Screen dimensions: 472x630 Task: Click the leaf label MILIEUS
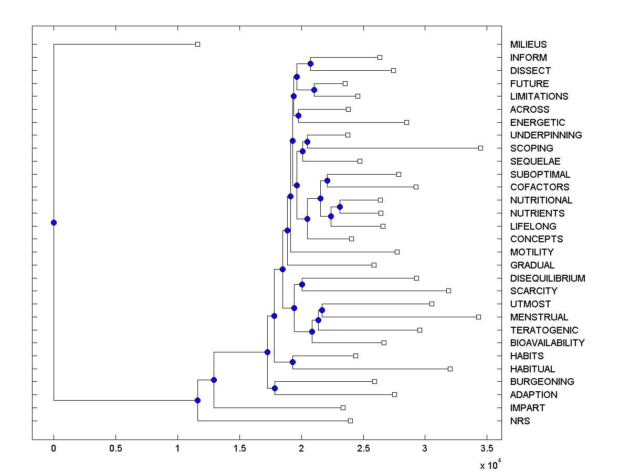tap(528, 45)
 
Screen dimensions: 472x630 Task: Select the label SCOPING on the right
tap(531, 148)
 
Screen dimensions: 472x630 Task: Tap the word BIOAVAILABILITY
tap(547, 343)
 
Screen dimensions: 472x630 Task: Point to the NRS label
tap(520, 421)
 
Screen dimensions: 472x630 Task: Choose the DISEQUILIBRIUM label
tap(548, 278)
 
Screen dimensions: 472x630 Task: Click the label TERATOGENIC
tap(544, 330)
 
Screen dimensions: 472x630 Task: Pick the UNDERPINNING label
tap(546, 135)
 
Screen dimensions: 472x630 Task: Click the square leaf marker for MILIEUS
tap(197, 44)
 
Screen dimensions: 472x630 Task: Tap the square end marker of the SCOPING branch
tap(480, 148)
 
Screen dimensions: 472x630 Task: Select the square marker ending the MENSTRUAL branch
tap(478, 317)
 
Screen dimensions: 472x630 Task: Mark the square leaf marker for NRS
tap(350, 421)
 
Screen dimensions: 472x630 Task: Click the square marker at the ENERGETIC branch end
tap(406, 122)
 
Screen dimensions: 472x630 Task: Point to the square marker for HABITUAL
tap(450, 369)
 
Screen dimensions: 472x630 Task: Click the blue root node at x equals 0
tap(54, 222)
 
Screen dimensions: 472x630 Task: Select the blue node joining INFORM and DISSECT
tap(310, 63)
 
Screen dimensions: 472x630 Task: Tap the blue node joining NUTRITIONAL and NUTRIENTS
tap(340, 207)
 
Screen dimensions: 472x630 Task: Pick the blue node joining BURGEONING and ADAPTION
tap(275, 388)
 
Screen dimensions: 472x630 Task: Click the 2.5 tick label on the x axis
tap(363, 448)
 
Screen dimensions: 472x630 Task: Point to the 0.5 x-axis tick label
tap(115, 448)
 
